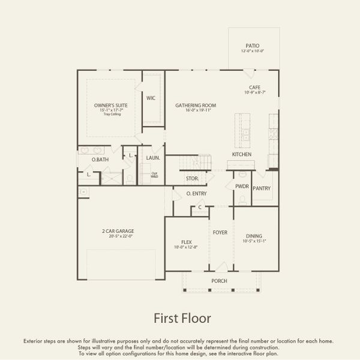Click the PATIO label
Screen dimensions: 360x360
(253, 45)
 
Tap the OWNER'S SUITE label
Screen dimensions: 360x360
(111, 106)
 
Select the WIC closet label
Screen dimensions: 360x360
(151, 98)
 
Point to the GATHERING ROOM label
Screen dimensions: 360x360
(196, 106)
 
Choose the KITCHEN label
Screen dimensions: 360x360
(242, 154)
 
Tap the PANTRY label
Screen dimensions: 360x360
(262, 188)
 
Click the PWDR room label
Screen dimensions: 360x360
(241, 187)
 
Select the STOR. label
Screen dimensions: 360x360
(192, 178)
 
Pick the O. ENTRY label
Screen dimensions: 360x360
(196, 194)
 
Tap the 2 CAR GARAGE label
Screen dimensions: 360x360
(118, 231)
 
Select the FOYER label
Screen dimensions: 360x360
(220, 231)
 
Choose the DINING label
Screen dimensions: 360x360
(254, 236)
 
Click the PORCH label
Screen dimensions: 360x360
(219, 281)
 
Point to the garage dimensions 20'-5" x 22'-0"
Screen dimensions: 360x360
(118, 236)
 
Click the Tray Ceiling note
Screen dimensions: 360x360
(111, 114)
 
